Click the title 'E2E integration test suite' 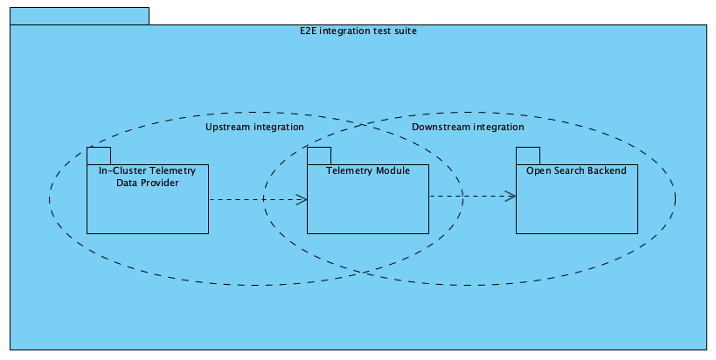coord(358,31)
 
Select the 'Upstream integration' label coord(254,127)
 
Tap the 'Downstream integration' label coord(468,127)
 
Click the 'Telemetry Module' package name coord(367,170)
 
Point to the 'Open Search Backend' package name coord(576,170)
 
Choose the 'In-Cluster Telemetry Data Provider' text coord(147,177)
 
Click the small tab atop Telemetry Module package coord(318,156)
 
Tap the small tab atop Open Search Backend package coord(527,156)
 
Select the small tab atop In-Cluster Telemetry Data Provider coord(98,156)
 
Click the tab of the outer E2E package coord(80,16)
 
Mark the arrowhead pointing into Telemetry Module coord(302,199)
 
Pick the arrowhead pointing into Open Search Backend coord(511,196)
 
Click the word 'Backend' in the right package coord(608,170)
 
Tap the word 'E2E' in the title coord(308,31)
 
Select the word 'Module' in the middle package coord(392,170)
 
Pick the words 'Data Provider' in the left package coord(147,183)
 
